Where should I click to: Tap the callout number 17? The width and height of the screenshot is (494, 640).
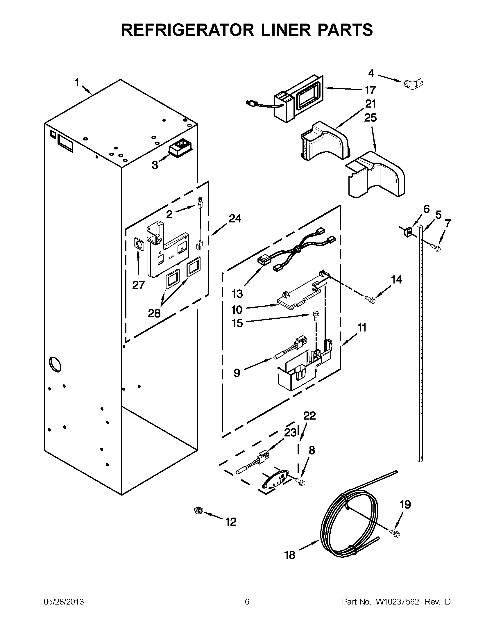[x=370, y=90]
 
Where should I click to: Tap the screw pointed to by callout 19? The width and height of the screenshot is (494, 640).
[x=395, y=533]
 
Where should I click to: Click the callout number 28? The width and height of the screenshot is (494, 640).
[x=154, y=313]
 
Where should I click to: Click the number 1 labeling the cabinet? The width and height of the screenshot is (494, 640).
[x=77, y=83]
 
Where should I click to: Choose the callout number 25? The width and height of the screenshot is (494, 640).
[x=370, y=118]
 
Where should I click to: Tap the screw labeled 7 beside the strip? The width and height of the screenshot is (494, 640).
[x=436, y=248]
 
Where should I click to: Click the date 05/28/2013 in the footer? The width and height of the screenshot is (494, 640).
[x=64, y=602]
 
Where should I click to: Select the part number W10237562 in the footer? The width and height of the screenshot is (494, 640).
[x=397, y=602]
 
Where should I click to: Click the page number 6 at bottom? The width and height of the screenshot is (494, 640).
[x=247, y=602]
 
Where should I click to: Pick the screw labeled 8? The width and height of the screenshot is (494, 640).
[x=300, y=482]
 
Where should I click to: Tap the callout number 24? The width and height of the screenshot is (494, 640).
[x=235, y=218]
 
